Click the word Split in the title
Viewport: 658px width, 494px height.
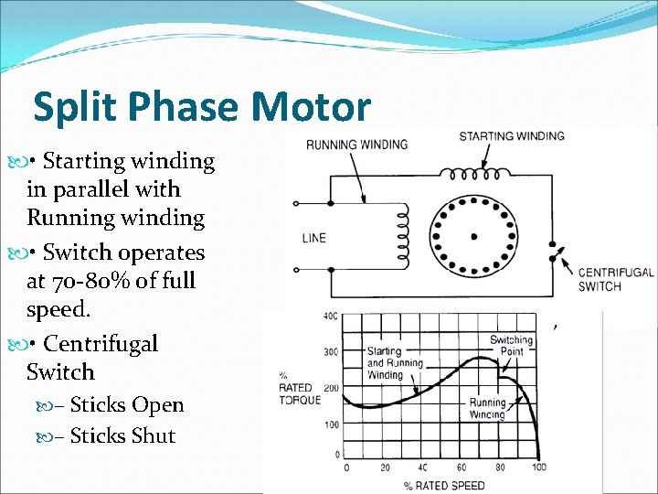70,107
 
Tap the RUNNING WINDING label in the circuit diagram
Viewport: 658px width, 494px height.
356,145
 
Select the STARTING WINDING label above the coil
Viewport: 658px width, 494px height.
511,136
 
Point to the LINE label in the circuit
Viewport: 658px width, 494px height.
313,238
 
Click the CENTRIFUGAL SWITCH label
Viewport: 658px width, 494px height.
616,279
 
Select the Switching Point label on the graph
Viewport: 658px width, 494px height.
511,346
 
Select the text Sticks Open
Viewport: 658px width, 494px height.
126,405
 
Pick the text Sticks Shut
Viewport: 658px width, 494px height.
122,436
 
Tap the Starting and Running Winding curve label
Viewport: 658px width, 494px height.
395,362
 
